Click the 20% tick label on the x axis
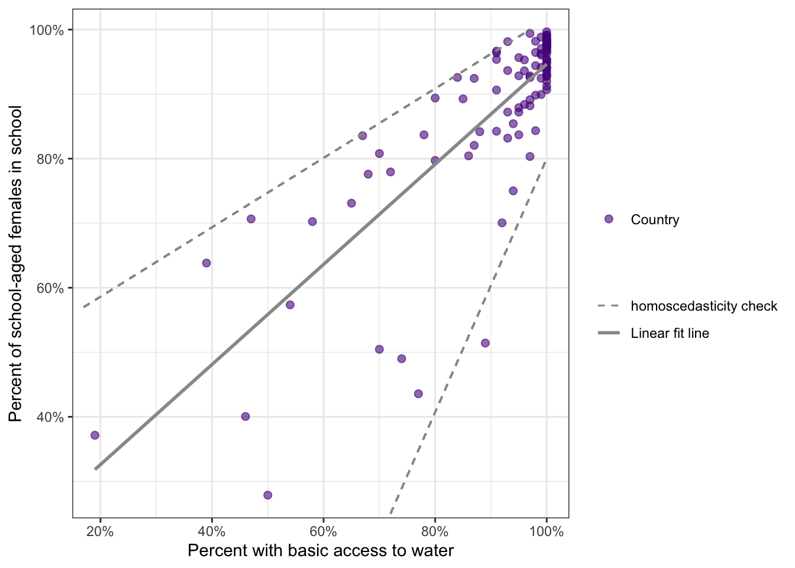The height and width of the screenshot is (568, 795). (x=100, y=531)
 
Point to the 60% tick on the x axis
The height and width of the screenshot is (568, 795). (x=324, y=531)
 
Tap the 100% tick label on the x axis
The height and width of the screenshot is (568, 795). (x=547, y=531)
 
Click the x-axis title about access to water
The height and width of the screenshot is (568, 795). (x=321, y=551)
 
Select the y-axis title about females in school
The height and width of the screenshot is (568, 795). (x=16, y=263)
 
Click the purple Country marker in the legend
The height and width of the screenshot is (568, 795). (x=609, y=220)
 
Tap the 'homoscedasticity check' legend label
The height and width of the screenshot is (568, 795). (x=704, y=306)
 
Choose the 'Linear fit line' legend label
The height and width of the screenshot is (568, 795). (x=670, y=333)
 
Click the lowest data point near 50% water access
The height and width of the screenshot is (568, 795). (x=267, y=495)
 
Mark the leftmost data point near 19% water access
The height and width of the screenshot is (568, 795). (x=95, y=435)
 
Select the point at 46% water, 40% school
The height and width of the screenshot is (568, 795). (x=245, y=417)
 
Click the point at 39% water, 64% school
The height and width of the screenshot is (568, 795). (x=206, y=263)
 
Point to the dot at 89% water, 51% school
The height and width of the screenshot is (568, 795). (x=485, y=343)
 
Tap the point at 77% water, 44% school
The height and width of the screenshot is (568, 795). (x=418, y=394)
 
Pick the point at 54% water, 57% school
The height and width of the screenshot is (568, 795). (x=290, y=305)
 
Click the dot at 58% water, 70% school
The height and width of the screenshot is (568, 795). (x=312, y=222)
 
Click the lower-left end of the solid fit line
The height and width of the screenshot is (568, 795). (x=96, y=469)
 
